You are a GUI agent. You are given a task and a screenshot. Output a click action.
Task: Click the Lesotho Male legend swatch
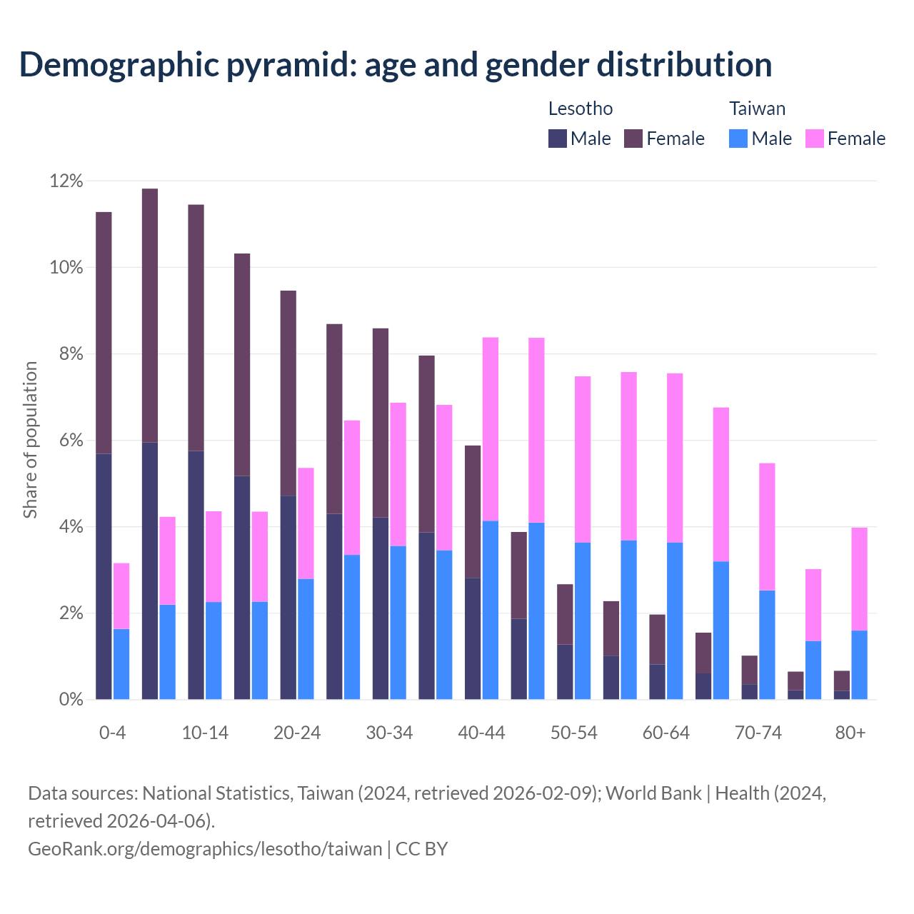pyautogui.click(x=558, y=139)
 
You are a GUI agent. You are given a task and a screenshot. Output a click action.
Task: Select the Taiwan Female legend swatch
pyautogui.click(x=815, y=139)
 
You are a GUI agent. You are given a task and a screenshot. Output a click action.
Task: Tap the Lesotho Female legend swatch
pyautogui.click(x=633, y=139)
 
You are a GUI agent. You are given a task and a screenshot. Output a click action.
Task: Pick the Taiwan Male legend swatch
pyautogui.click(x=738, y=139)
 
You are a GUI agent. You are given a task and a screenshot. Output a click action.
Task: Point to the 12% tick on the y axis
pyautogui.click(x=66, y=181)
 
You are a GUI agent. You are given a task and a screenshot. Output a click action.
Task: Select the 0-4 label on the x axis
pyautogui.click(x=113, y=733)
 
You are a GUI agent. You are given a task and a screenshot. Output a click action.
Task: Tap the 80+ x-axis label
pyautogui.click(x=850, y=733)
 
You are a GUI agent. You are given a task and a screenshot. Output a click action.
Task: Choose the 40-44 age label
pyautogui.click(x=481, y=733)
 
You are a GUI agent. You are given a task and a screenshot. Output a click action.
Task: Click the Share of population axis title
pyautogui.click(x=30, y=440)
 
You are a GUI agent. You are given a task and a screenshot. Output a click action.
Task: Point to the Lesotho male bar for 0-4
pyautogui.click(x=104, y=576)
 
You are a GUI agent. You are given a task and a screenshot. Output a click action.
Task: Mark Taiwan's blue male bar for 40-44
pyautogui.click(x=491, y=610)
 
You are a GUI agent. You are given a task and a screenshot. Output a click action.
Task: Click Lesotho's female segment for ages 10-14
pyautogui.click(x=196, y=328)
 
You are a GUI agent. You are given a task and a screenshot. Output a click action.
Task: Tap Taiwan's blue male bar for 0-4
pyautogui.click(x=121, y=664)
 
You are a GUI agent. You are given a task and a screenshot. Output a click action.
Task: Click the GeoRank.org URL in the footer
pyautogui.click(x=205, y=849)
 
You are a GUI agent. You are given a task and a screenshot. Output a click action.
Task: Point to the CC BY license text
pyautogui.click(x=422, y=849)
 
